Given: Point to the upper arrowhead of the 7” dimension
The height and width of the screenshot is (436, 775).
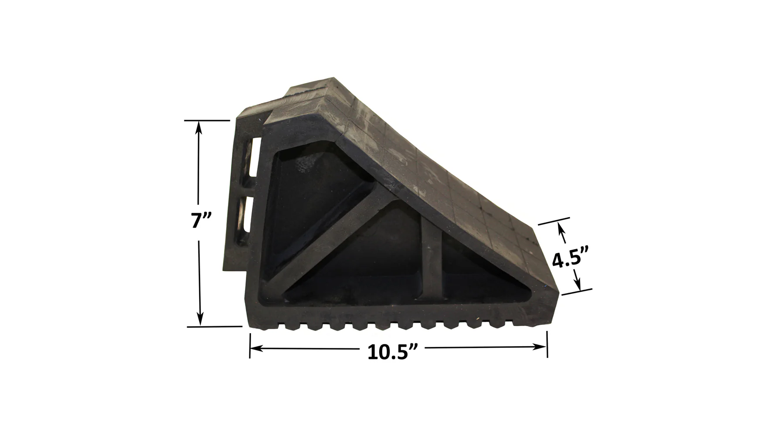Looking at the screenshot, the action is pos(200,127).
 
